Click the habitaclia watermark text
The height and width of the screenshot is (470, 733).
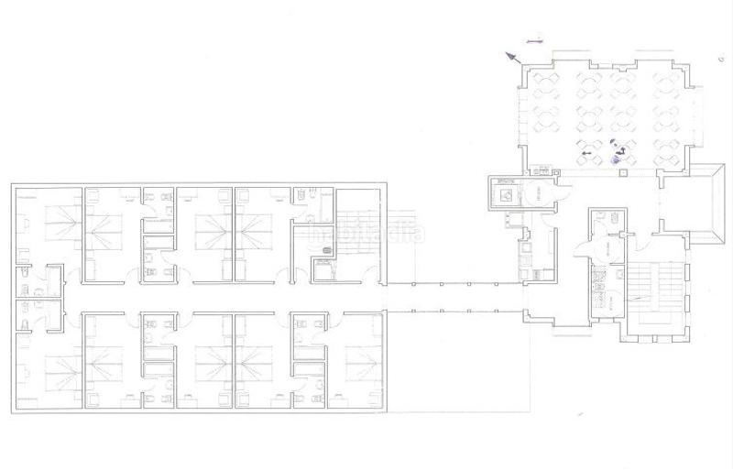click(366, 235)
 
